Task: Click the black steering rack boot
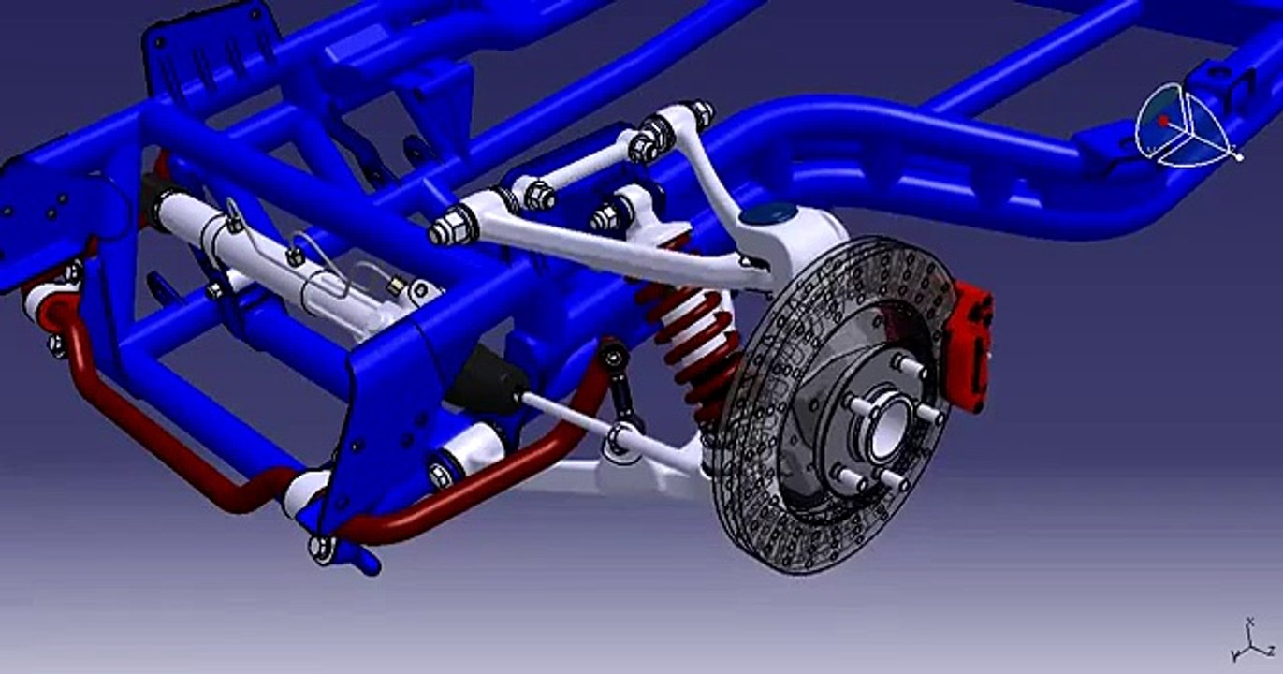pos(487,379)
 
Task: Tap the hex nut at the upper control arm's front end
pos(451,227)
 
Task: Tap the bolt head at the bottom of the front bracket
pos(321,548)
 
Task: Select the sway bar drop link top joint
pos(613,355)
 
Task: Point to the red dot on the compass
pos(1163,121)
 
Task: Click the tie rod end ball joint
pos(619,436)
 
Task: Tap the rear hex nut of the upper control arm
pos(698,113)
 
